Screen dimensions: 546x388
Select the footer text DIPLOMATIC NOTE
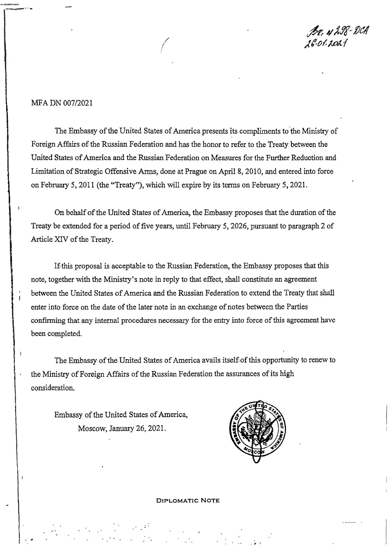click(187, 501)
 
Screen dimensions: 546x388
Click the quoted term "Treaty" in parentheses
click(116, 185)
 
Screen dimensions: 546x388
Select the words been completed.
click(56, 334)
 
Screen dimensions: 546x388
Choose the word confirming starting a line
click(49, 320)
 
